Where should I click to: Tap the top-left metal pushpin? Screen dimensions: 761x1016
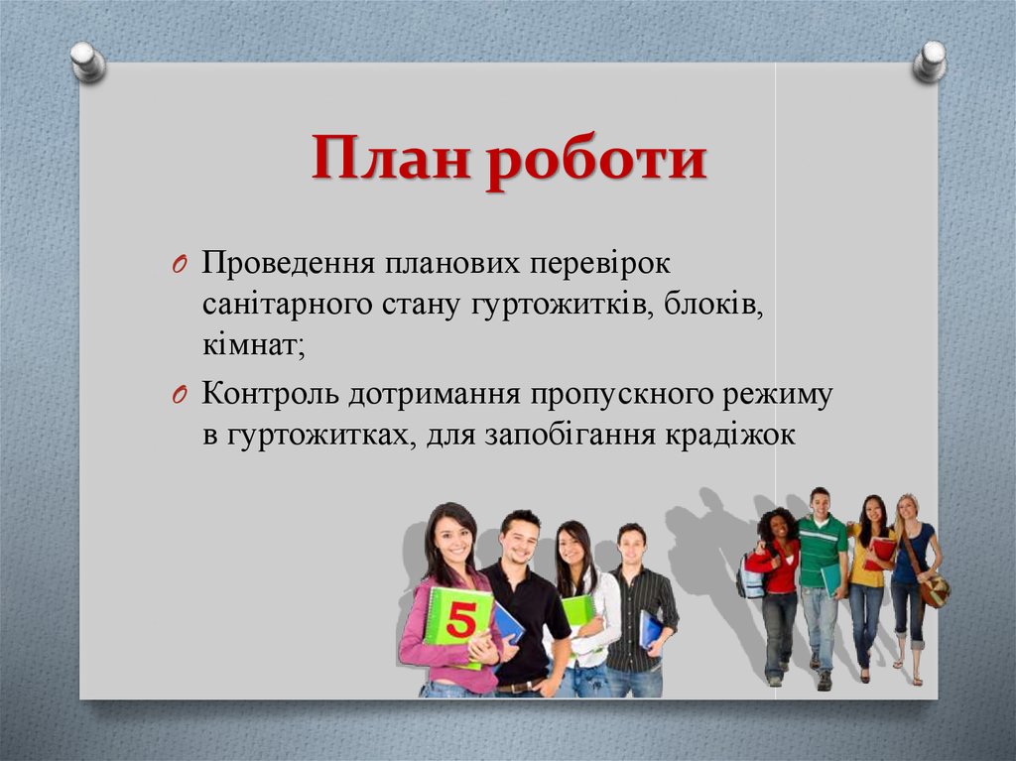coord(88,62)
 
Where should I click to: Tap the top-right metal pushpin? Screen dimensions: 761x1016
coord(930,61)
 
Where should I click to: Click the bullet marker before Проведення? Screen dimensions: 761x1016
coord(179,266)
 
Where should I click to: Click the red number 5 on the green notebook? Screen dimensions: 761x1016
coord(459,620)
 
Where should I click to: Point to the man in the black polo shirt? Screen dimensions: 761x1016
coord(524,605)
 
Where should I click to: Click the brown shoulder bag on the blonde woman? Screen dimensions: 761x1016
coord(933,591)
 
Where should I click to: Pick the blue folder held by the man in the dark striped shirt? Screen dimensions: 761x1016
coord(650,629)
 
